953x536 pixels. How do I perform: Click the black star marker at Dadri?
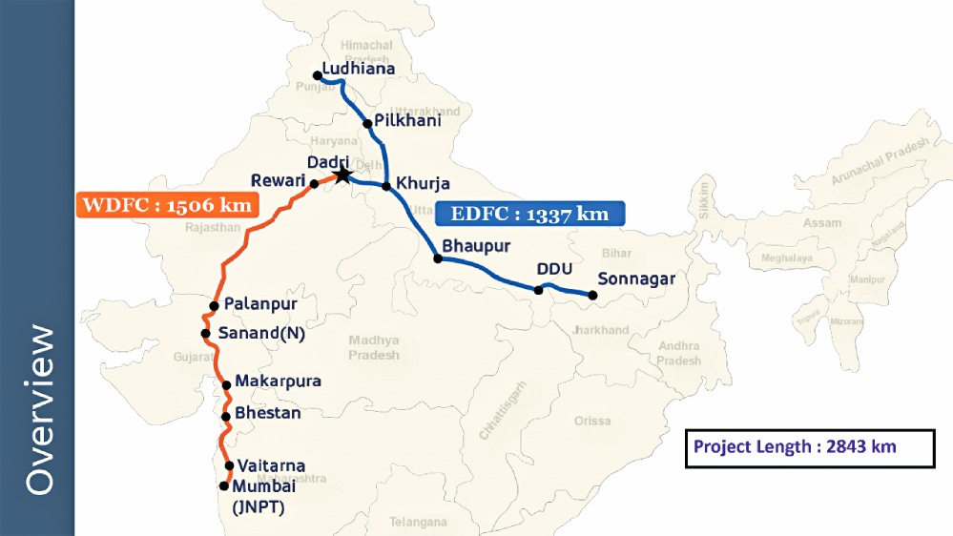[342, 175]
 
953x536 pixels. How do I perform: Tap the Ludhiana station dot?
[317, 75]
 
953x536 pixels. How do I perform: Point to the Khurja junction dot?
[386, 185]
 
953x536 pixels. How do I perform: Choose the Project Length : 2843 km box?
[809, 447]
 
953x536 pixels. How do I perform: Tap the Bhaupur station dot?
[438, 258]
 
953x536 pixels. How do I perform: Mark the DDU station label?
[552, 269]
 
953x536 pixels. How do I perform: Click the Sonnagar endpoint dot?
[591, 296]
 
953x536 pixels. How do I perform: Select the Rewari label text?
[278, 180]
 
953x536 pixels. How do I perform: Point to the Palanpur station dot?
[215, 306]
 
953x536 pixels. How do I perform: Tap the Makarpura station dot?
[227, 385]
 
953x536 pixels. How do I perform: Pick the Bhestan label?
[267, 414]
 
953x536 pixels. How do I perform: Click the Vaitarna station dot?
[230, 465]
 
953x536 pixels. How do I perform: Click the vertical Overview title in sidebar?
[39, 410]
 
